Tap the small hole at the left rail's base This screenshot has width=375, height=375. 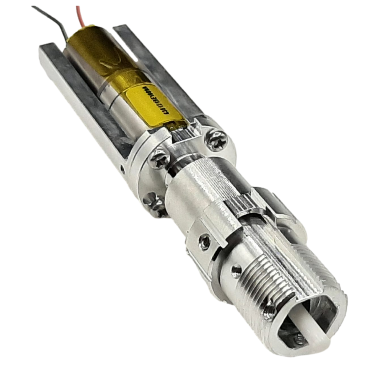click(123, 167)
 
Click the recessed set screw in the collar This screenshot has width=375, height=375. click(203, 241)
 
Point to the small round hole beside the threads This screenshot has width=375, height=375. click(233, 271)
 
